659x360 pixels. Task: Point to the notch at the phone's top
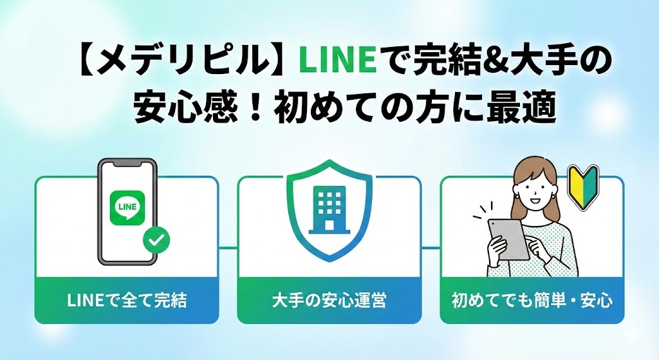point(127,164)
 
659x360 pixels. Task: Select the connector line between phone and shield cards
point(228,247)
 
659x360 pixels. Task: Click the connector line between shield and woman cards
point(431,247)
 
